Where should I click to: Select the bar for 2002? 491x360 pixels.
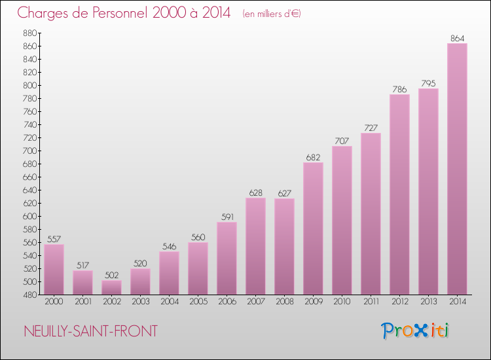coord(111,287)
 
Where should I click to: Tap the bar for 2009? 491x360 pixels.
coord(313,228)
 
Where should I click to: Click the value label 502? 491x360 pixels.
coord(111,276)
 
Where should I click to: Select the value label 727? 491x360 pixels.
coord(371,128)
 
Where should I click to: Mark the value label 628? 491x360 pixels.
coord(255,193)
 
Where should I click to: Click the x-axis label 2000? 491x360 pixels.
coord(54,302)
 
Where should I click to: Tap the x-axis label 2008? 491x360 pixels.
coord(284,302)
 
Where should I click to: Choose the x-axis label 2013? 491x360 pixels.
coord(428,302)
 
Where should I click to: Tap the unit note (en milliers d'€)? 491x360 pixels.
coord(271,14)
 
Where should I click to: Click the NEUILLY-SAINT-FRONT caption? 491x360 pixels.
coord(90,331)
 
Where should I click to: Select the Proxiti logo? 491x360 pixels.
coord(416,331)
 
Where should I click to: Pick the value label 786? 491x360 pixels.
coord(399,90)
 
